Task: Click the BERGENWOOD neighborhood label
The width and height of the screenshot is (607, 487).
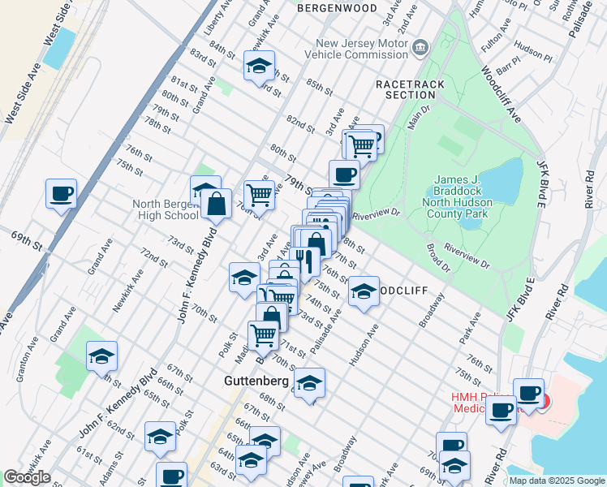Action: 337,8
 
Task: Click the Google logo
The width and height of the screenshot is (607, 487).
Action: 27,477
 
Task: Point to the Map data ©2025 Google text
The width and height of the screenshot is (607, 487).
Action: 555,481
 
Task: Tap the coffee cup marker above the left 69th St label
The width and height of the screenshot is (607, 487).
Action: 61,195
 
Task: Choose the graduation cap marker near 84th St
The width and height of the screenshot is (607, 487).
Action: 259,67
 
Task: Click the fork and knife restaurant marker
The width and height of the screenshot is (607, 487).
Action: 303,261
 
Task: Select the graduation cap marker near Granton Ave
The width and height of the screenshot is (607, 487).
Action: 101,356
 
